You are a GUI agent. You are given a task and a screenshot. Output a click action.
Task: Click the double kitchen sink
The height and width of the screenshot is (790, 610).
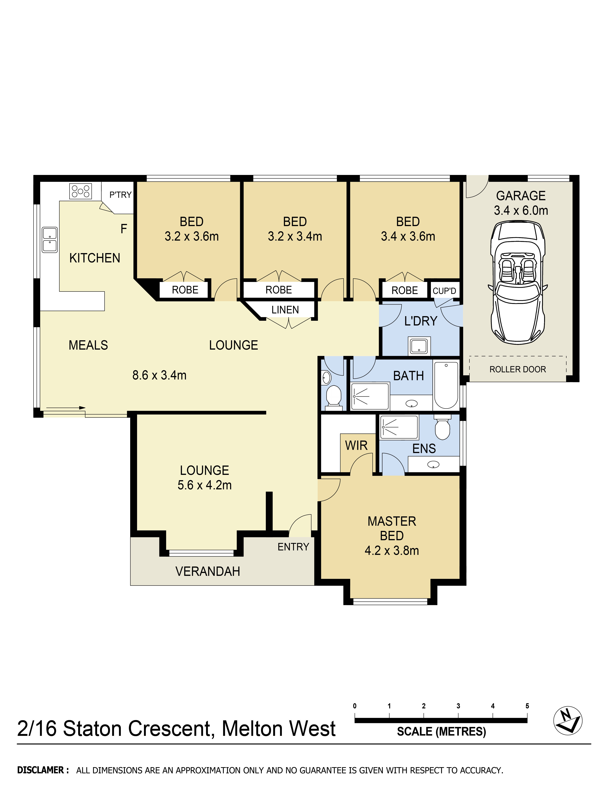50,239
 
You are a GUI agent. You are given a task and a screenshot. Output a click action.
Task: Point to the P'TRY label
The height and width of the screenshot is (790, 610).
120,195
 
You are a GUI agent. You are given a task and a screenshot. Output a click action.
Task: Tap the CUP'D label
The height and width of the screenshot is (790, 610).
444,291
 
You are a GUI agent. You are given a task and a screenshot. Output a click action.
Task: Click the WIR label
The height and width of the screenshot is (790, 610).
356,445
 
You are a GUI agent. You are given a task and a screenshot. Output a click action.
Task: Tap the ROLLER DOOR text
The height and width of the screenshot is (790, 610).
517,369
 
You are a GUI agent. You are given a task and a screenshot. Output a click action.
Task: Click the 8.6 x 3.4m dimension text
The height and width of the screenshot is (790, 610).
159,375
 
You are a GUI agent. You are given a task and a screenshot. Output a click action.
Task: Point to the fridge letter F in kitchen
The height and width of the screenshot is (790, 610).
124,229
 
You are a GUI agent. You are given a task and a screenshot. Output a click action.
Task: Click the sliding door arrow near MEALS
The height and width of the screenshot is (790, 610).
66,408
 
